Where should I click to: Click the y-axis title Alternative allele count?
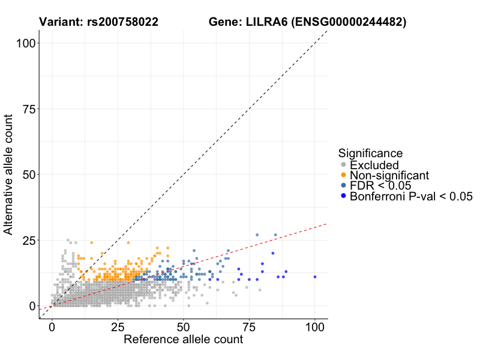[x=9, y=174]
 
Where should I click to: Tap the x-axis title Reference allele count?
[x=183, y=340]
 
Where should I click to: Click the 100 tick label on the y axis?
[x=23, y=43]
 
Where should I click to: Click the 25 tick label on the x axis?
[x=118, y=328]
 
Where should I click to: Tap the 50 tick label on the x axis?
[x=184, y=328]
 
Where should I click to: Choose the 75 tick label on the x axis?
[x=249, y=328]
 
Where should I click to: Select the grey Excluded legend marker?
[x=343, y=165]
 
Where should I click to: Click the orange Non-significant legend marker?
[x=343, y=175]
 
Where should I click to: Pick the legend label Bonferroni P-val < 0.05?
[x=411, y=196]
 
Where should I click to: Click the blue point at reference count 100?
[x=315, y=277]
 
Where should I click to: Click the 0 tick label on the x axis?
[x=52, y=328]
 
